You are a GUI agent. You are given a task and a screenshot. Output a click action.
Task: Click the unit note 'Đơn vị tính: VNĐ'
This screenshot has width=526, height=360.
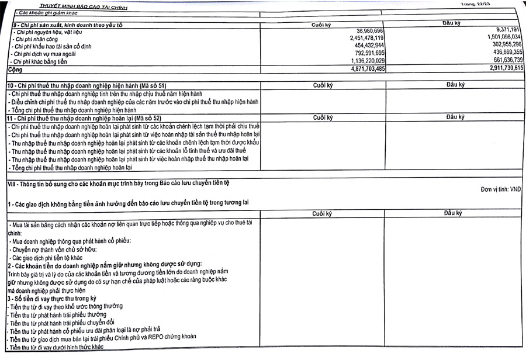click(500, 189)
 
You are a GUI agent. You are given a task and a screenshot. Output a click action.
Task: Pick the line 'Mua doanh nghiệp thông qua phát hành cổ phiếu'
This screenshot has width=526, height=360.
click(70, 241)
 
